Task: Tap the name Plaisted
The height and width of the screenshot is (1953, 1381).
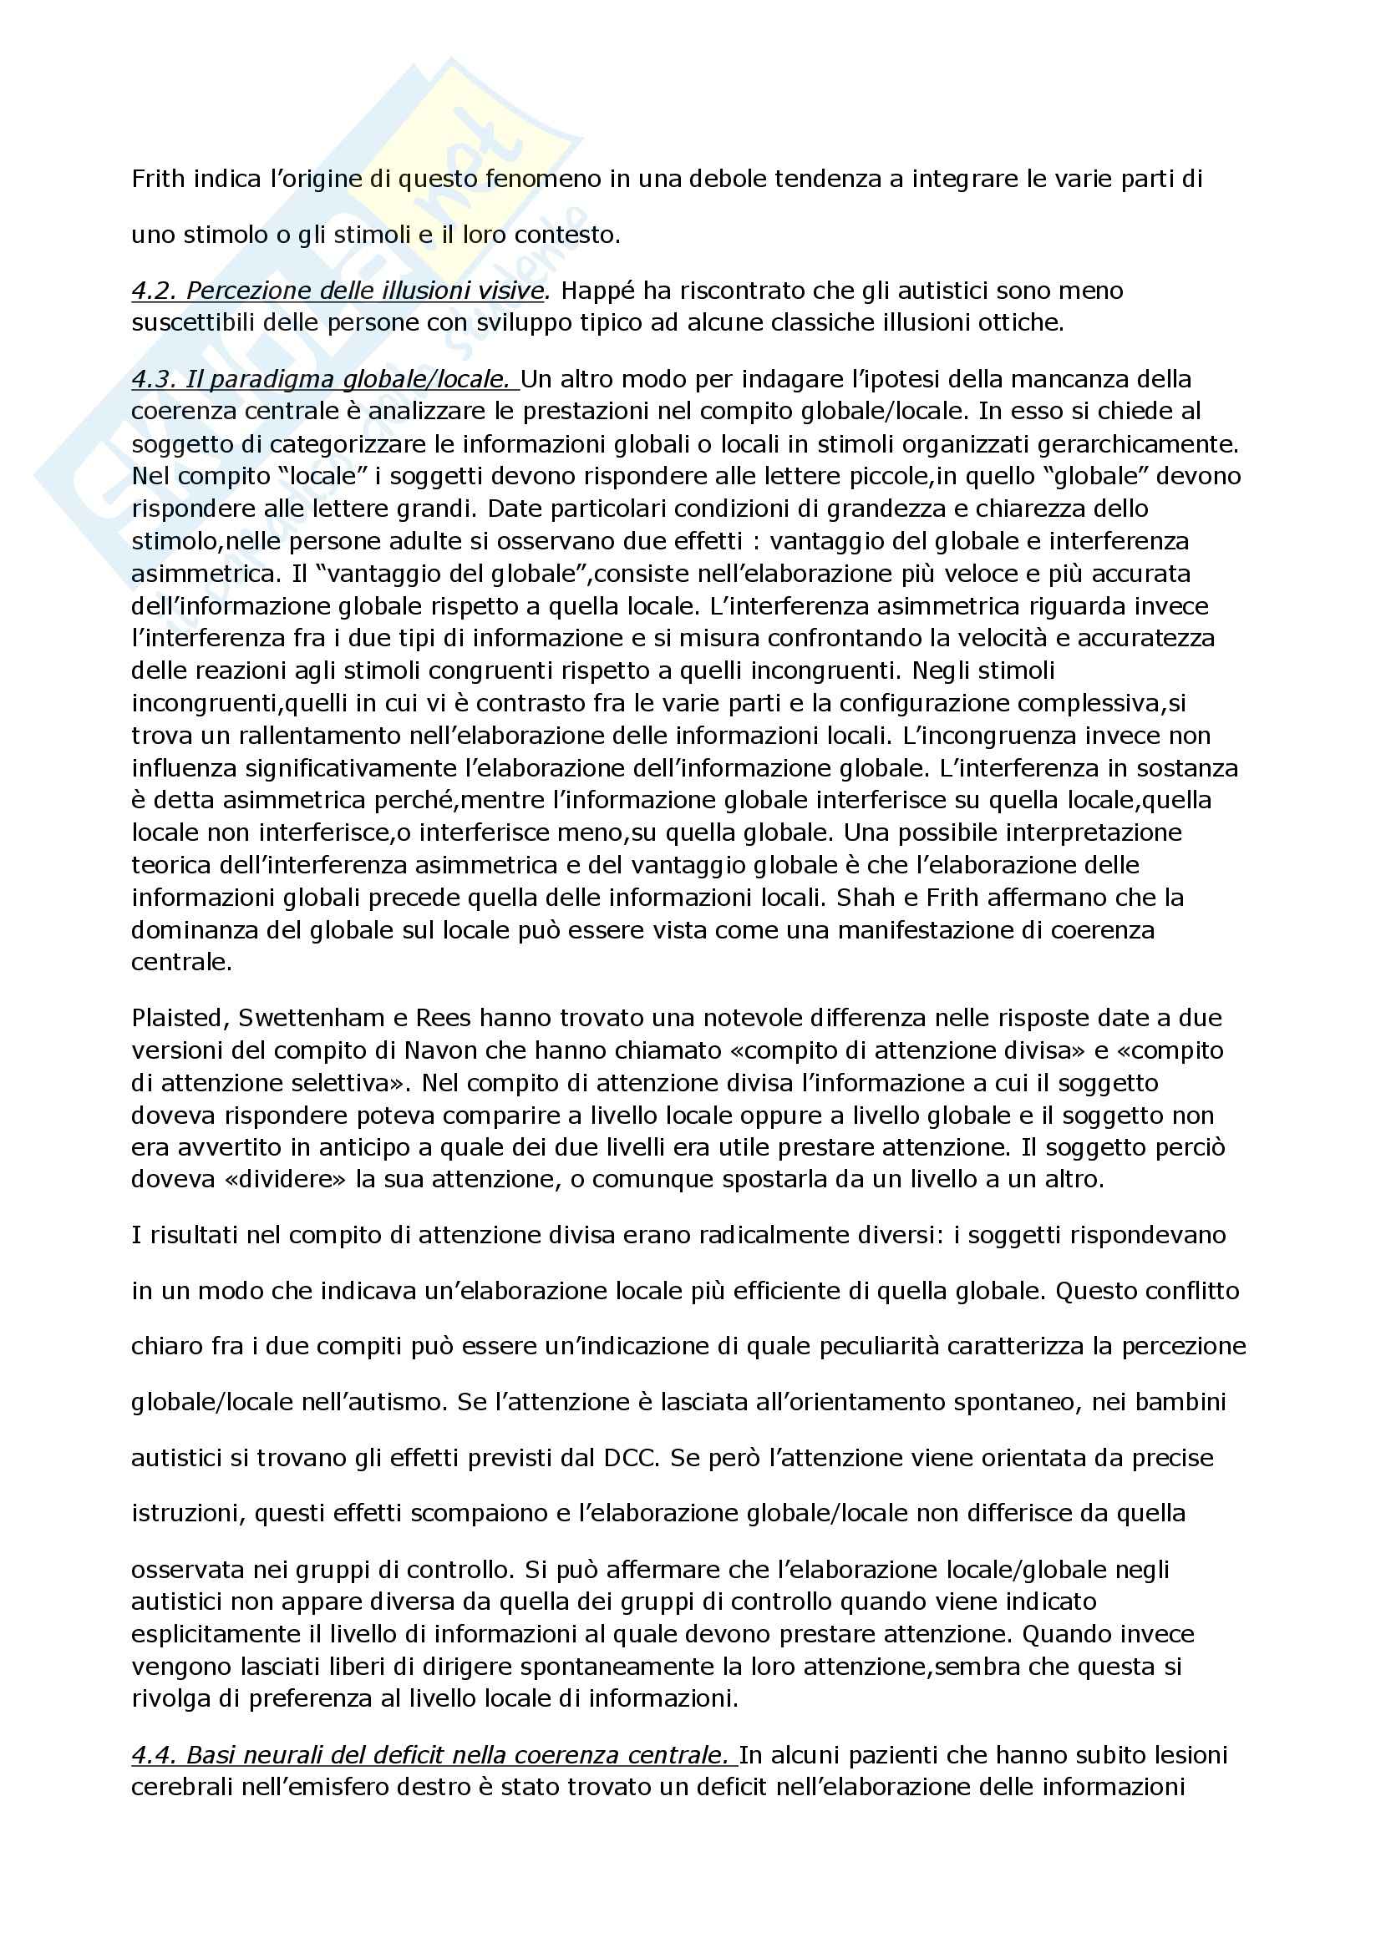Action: (x=179, y=1018)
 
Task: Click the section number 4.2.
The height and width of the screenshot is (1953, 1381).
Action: (x=154, y=291)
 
